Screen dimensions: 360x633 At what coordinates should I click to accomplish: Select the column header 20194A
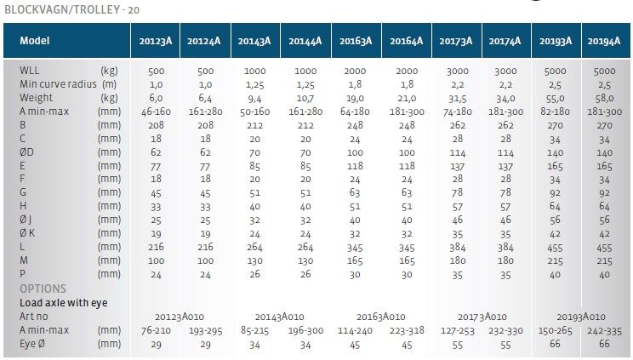click(x=603, y=40)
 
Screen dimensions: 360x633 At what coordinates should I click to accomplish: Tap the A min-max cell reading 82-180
click(x=553, y=111)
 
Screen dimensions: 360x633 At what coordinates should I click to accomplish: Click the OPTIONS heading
click(x=43, y=289)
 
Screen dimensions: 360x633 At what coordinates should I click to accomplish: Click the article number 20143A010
click(x=278, y=316)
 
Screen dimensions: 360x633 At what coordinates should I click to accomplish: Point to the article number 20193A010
click(x=580, y=316)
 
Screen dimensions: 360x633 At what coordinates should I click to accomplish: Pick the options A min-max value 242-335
click(x=602, y=329)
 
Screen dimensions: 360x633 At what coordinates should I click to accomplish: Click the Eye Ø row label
click(x=37, y=343)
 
